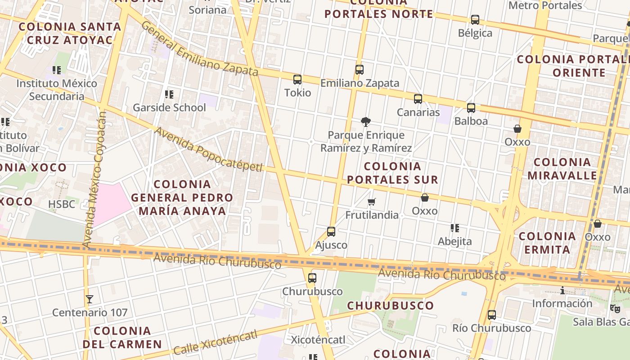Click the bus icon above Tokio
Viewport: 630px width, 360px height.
[297, 80]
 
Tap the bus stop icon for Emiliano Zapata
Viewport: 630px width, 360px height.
[359, 70]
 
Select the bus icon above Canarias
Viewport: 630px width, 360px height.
[418, 99]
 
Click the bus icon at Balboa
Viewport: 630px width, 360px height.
[471, 108]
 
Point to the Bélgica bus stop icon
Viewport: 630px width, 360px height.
[475, 20]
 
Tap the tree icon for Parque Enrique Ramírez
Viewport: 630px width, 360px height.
[365, 121]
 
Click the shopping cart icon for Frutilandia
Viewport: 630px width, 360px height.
[371, 202]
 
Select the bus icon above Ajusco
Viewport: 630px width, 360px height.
[331, 232]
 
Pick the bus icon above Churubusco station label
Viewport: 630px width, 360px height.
[312, 278]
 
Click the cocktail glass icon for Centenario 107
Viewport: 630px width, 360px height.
[90, 299]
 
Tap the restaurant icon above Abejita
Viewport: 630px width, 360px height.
[454, 228]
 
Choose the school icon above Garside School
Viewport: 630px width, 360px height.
[169, 94]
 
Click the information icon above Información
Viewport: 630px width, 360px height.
[562, 290]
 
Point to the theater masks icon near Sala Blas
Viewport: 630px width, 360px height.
[615, 309]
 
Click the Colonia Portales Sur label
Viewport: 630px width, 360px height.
[392, 173]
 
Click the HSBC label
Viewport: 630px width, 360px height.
[62, 204]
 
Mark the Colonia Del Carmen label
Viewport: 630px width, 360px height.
[122, 337]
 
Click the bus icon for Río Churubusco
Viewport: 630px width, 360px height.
[492, 315]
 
